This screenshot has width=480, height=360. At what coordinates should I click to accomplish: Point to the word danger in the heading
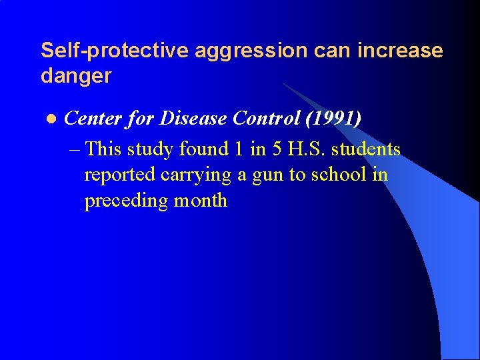coord(75,77)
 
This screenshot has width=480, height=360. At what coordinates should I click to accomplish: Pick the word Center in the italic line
coord(94,119)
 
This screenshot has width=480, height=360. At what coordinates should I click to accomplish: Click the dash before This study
coord(75,149)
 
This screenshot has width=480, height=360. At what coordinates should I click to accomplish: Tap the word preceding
coord(126,201)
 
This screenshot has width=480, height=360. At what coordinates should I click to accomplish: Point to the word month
coord(201,201)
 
